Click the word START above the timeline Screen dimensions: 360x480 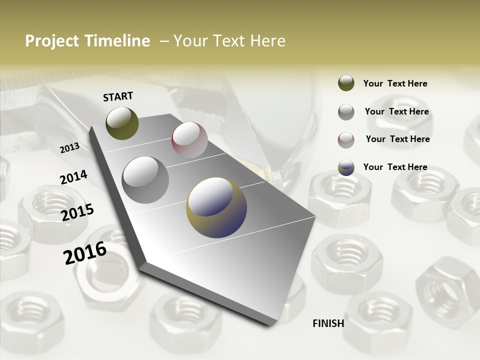coord(118,96)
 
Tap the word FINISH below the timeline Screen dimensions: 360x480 coord(328,323)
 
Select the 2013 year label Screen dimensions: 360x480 coord(69,148)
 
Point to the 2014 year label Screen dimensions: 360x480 coord(73,177)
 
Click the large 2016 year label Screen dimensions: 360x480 coord(85,253)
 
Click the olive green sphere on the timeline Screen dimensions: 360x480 coord(122,123)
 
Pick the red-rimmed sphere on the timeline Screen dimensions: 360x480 coord(189,139)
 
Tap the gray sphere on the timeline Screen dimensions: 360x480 coord(145,179)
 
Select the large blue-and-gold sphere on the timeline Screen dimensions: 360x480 coord(216,207)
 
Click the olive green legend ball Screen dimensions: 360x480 coord(346,83)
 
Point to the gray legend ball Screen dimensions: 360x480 coord(346,112)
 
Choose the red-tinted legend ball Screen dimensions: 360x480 coord(346,140)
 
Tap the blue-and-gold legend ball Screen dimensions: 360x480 coord(346,168)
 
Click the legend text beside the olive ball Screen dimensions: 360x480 coord(395,84)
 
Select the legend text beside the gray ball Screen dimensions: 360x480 coord(396,112)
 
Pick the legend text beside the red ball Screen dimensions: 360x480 coord(397,139)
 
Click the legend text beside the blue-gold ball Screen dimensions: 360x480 coord(395,167)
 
